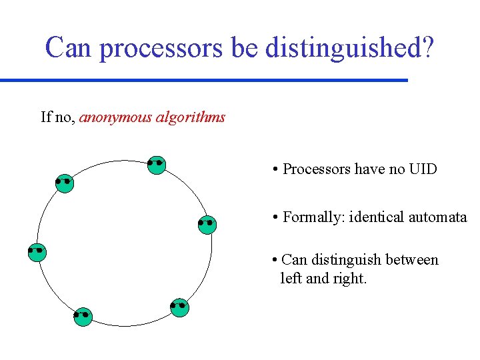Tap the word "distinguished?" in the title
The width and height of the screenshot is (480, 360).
pos(349,47)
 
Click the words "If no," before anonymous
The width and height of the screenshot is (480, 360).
pos(58,118)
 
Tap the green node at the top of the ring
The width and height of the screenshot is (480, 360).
pos(157,165)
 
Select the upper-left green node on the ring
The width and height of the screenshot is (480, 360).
pos(64,183)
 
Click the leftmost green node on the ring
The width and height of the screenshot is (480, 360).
pos(37,253)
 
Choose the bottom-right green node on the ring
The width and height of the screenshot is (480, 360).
pos(179,307)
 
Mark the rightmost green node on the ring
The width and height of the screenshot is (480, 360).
pos(207,225)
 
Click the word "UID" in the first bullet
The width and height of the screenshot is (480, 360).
pos(423,169)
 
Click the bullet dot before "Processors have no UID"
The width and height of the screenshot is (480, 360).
pos(275,170)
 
